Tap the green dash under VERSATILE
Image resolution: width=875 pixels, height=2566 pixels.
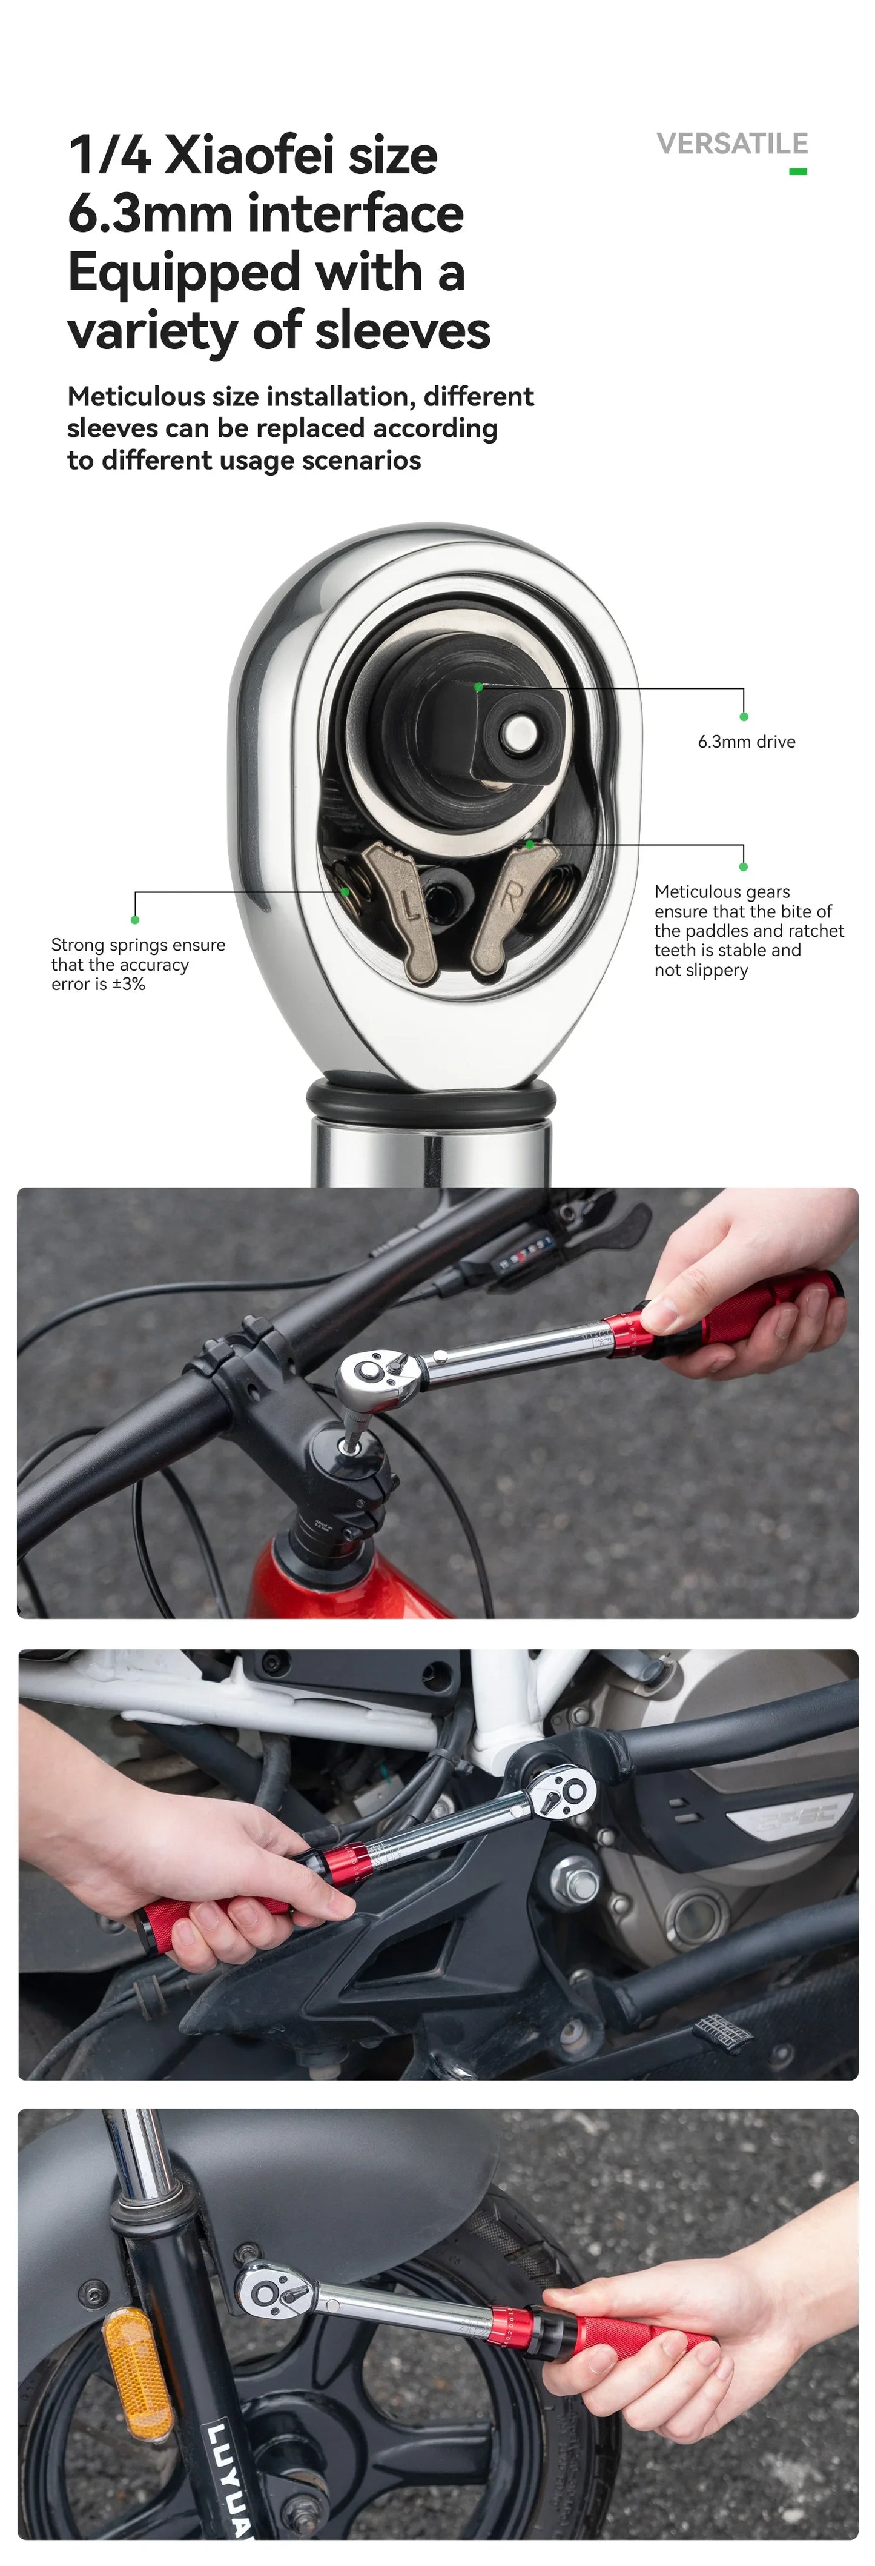(797, 171)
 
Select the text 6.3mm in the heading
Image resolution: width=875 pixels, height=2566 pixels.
(150, 213)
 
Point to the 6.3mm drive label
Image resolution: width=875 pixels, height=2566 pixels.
(747, 741)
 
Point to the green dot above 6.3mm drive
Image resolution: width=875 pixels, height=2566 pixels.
(744, 716)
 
